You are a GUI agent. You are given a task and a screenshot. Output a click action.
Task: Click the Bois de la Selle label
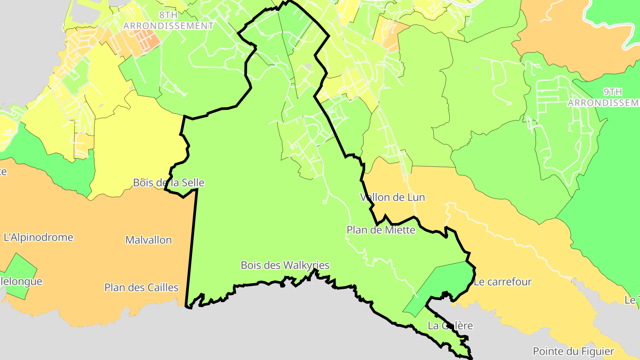click(x=169, y=183)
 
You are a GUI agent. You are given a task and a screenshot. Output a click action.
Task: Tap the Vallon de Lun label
click(x=392, y=197)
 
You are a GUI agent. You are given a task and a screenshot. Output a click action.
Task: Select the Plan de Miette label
click(x=381, y=230)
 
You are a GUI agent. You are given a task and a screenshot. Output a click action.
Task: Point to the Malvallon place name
click(x=148, y=240)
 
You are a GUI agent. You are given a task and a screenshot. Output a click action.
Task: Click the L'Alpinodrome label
click(x=38, y=237)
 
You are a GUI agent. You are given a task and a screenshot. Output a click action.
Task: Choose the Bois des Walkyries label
click(x=285, y=265)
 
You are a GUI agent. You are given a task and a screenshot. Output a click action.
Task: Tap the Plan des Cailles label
click(x=141, y=288)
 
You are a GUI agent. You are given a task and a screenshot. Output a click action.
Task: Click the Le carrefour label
click(x=503, y=282)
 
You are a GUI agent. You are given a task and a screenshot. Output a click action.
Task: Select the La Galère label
click(x=450, y=326)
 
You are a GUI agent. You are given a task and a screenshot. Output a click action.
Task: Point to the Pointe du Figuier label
click(x=573, y=352)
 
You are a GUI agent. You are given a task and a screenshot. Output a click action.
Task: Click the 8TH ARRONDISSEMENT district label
click(x=168, y=20)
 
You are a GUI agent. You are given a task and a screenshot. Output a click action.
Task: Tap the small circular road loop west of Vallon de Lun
click(x=325, y=202)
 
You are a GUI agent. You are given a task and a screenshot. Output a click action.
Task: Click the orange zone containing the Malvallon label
click(x=89, y=267)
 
